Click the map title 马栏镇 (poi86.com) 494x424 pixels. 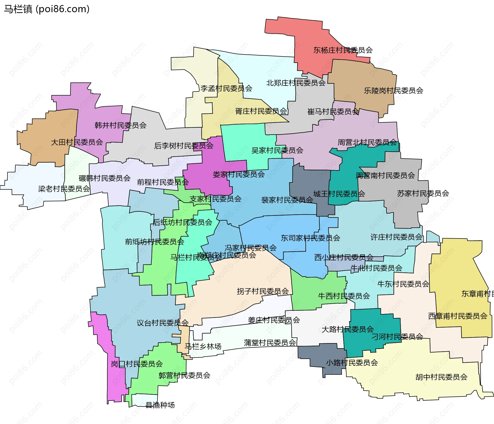[47, 9]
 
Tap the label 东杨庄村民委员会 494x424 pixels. [343, 50]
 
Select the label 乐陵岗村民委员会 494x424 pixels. [393, 90]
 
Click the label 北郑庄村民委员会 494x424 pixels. [296, 83]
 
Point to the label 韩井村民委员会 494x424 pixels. [120, 125]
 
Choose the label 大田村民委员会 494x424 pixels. [77, 142]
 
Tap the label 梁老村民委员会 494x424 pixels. [64, 189]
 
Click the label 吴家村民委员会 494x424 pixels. [277, 150]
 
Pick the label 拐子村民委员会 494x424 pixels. [262, 291]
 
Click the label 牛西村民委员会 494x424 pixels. [344, 296]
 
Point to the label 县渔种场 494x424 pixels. [160, 405]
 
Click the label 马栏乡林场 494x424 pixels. [203, 346]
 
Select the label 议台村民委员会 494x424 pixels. [162, 323]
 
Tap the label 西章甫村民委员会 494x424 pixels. [457, 316]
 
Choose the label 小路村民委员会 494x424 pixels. [352, 363]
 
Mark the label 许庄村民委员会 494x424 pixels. [396, 237]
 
